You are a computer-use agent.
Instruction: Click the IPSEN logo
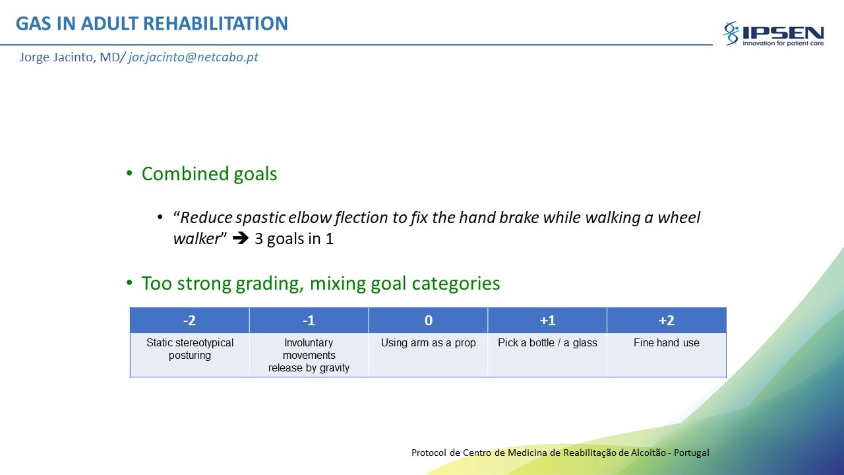coord(773,34)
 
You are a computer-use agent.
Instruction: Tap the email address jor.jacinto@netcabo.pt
coord(193,57)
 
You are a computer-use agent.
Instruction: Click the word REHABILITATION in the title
coord(216,23)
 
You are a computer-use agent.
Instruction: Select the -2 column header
coord(189,320)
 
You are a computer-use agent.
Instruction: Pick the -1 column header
coord(309,320)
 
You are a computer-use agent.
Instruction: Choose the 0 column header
coord(428,320)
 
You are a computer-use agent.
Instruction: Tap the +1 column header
coord(547,320)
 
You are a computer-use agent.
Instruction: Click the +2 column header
coord(667,320)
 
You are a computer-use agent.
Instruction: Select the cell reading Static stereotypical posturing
coord(189,355)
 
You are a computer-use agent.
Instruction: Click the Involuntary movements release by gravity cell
coord(309,355)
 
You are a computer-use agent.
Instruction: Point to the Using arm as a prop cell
coord(428,355)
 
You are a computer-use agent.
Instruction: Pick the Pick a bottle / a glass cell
coord(547,355)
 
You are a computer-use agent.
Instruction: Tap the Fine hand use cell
coord(667,355)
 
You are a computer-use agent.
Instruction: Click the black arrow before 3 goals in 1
coord(241,238)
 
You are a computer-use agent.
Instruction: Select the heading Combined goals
coord(209,174)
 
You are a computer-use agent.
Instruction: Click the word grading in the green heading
coord(270,284)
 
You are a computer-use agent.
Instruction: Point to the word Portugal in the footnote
coord(692,453)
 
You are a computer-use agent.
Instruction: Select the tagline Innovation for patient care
coord(783,44)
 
